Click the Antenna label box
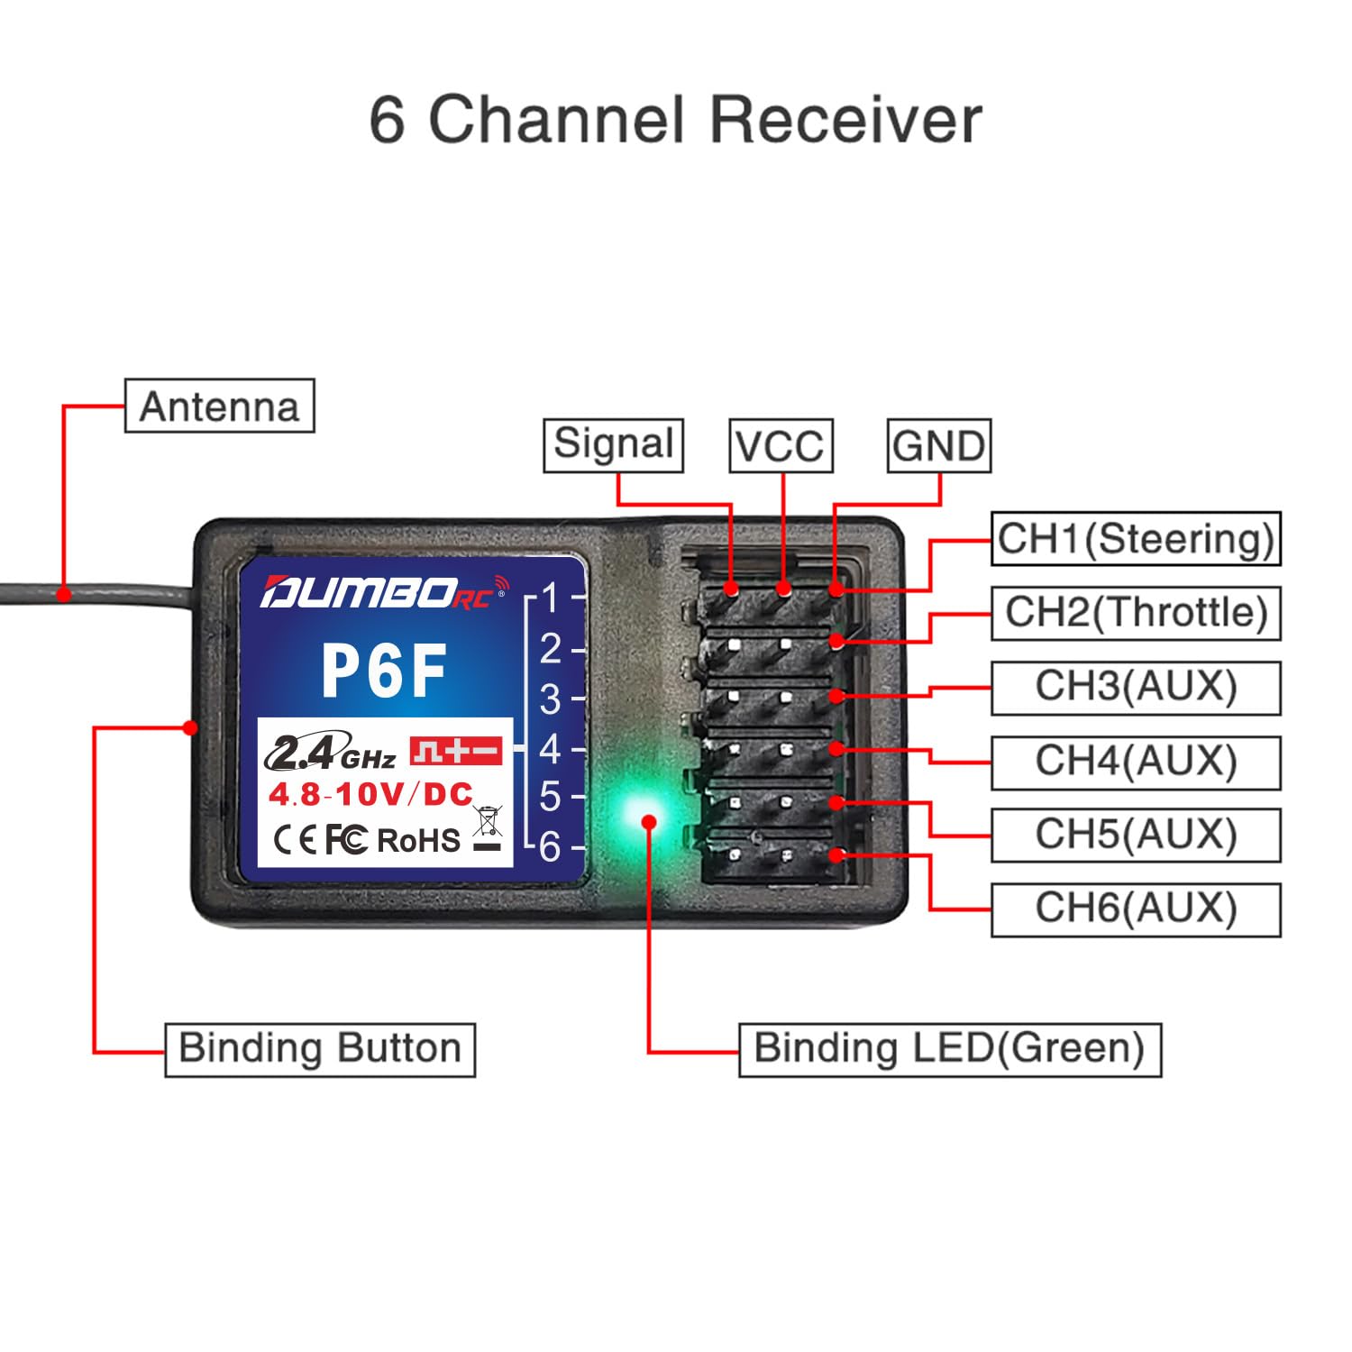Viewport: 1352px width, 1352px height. (x=219, y=406)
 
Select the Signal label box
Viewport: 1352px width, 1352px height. (x=613, y=444)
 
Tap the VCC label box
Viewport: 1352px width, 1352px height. (x=780, y=445)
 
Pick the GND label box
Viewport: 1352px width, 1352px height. (x=938, y=445)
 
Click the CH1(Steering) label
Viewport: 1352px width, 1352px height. (x=1135, y=538)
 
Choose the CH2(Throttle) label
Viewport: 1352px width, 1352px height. (x=1136, y=612)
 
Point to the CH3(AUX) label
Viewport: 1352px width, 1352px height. (x=1136, y=687)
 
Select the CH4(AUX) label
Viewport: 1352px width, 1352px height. (x=1136, y=762)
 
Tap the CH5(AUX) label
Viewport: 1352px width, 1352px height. (x=1136, y=835)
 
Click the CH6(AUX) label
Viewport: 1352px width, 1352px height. (x=1136, y=909)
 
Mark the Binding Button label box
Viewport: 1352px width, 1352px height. (x=319, y=1048)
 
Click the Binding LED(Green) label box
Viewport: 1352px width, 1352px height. (x=949, y=1048)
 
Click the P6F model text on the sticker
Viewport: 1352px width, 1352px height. (x=385, y=671)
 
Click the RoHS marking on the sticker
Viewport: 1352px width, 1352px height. (x=418, y=840)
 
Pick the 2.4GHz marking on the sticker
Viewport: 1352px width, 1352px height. (x=330, y=754)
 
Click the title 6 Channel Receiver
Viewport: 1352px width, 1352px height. (x=675, y=120)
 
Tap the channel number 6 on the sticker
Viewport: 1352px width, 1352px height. (x=550, y=846)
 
